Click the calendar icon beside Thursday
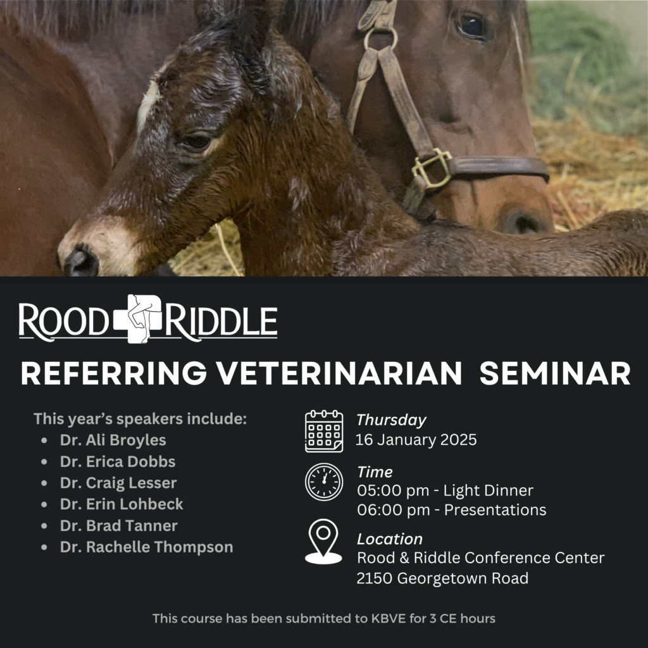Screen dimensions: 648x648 324,431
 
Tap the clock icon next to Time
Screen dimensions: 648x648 324,482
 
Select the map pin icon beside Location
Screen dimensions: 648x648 323,542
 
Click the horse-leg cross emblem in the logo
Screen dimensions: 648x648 138,319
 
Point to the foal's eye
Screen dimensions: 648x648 197,142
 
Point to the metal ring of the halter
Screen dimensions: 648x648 380,39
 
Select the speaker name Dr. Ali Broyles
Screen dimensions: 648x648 113,440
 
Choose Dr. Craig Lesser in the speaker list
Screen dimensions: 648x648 118,483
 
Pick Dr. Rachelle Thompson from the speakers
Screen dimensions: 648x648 146,547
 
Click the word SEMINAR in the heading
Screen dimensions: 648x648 554,373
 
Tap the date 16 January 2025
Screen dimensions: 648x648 416,440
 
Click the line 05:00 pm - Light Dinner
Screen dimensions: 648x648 445,490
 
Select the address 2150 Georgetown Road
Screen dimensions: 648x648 442,578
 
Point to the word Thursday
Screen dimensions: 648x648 391,420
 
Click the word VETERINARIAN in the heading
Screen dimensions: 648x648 339,373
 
